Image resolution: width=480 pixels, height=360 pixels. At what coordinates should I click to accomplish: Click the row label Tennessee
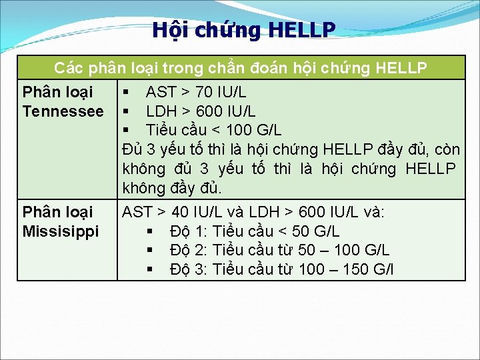point(63,111)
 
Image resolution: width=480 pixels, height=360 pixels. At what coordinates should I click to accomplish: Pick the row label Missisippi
point(60,231)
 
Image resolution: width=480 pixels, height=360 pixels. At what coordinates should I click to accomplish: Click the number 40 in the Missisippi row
point(180,213)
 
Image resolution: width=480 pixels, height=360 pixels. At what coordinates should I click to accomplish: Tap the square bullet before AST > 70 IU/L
point(126,92)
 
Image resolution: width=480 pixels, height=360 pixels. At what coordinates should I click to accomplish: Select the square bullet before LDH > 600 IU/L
point(126,111)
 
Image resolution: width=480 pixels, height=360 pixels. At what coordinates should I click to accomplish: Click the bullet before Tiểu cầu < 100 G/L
point(126,129)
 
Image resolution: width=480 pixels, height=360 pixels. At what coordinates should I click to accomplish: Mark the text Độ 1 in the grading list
point(188,231)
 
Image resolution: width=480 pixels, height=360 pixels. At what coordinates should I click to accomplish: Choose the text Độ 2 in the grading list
point(188,251)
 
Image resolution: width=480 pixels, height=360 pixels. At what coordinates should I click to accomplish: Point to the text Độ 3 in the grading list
point(188,269)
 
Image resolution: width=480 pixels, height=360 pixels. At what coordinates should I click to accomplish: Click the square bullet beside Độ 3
point(151,269)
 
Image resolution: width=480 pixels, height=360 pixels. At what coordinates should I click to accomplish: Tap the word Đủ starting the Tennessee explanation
point(132,149)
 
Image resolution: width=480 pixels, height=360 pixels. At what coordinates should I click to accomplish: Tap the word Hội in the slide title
point(168,30)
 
